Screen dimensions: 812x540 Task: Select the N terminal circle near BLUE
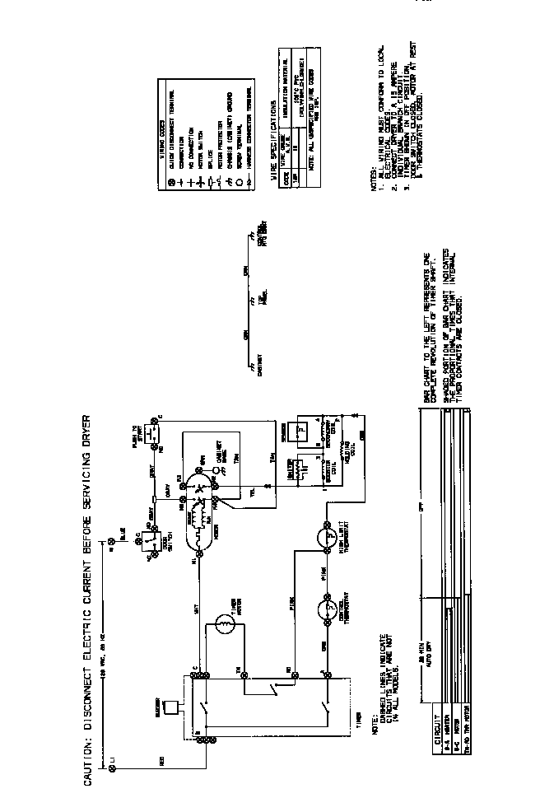113,540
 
